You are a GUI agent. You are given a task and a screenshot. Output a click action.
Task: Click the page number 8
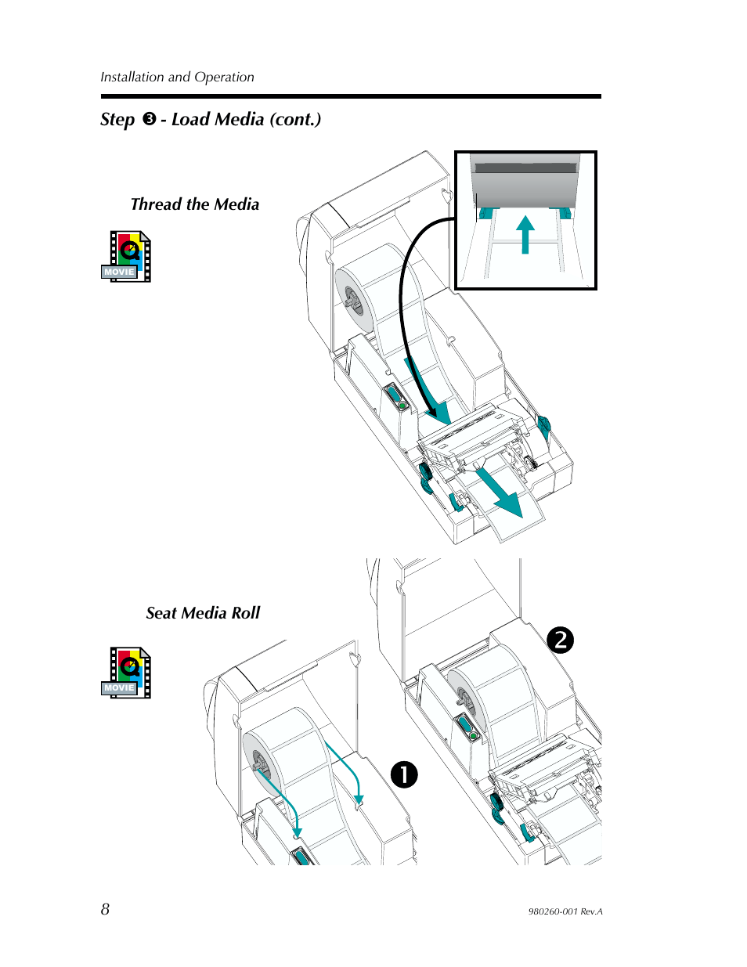[x=105, y=909]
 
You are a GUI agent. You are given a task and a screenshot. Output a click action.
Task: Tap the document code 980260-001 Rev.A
[x=565, y=911]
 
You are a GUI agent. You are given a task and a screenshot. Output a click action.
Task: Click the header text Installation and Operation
[x=177, y=77]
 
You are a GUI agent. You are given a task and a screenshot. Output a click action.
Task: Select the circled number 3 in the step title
[x=150, y=119]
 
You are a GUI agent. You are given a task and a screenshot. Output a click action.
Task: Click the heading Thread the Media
[x=195, y=204]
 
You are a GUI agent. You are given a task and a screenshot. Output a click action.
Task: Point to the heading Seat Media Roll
[x=203, y=613]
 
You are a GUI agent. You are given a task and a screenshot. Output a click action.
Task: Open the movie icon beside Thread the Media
[x=126, y=256]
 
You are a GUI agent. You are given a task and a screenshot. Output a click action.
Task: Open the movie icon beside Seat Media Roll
[x=126, y=673]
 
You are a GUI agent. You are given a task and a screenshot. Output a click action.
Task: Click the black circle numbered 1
[x=404, y=774]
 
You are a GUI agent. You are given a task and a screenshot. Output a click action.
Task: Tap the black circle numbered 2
[x=560, y=640]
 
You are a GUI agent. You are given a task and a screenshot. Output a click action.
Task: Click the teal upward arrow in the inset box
[x=525, y=235]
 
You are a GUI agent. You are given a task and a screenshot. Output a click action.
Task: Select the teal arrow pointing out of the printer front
[x=501, y=494]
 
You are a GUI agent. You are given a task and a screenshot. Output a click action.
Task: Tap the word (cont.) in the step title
[x=295, y=120]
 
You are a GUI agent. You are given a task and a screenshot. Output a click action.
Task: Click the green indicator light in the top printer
[x=402, y=406]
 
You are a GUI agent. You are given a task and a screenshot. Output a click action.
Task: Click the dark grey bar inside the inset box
[x=525, y=168]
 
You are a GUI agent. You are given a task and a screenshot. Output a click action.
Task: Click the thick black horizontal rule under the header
[x=351, y=96]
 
